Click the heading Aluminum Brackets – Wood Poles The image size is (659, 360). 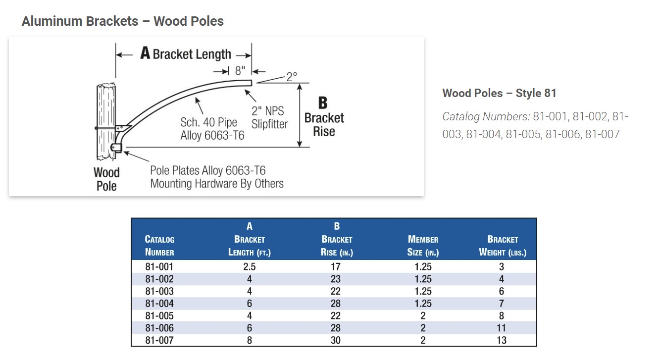click(123, 21)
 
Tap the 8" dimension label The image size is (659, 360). click(240, 71)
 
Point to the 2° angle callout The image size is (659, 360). click(292, 77)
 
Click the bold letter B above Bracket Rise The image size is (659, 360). click(323, 103)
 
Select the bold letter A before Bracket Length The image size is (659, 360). click(145, 53)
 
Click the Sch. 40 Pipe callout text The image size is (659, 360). click(208, 122)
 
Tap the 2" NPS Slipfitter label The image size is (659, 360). click(269, 117)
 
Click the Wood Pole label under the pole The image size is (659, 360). click(106, 179)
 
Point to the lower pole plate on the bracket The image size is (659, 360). click(116, 147)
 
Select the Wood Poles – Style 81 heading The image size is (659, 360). click(499, 93)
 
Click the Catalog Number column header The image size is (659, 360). click(159, 246)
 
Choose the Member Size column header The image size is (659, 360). click(423, 246)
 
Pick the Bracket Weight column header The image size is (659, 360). click(503, 246)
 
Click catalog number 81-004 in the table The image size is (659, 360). click(159, 304)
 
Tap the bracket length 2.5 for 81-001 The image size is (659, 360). click(250, 267)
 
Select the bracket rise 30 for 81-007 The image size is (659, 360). click(336, 340)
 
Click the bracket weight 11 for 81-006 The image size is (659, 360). click(502, 328)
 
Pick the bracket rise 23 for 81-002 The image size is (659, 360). click(336, 279)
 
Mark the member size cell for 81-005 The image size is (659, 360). click(423, 316)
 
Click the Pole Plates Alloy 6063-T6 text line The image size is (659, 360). click(208, 170)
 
